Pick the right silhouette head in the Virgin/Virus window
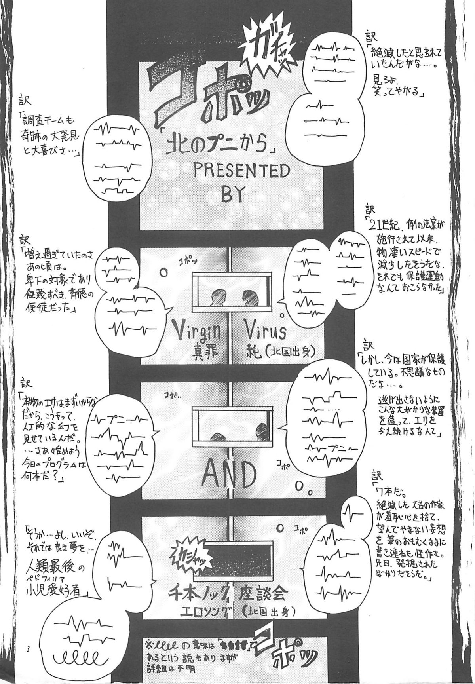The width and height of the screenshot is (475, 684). (249, 297)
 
